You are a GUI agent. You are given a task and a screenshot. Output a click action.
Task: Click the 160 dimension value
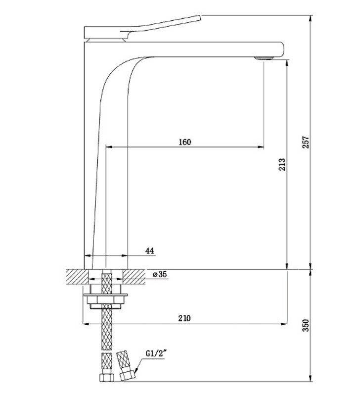[x=185, y=142]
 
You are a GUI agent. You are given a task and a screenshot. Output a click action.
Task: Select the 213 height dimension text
[x=282, y=164]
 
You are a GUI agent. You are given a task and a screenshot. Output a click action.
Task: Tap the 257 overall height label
[x=306, y=142]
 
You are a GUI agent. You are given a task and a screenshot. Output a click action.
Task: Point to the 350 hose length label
[x=306, y=325]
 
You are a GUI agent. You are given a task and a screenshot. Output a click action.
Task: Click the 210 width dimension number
[x=184, y=318]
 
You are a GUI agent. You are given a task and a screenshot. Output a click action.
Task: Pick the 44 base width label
[x=149, y=251]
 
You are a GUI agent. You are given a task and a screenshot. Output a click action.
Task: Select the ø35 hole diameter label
[x=160, y=274]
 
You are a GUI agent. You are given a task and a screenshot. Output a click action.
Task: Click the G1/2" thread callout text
[x=156, y=353]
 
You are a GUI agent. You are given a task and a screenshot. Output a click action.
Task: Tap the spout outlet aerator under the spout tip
[x=264, y=58]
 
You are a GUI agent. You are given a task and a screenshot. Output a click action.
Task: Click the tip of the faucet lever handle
[x=201, y=17]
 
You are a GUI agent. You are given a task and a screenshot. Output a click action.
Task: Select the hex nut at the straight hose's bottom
[x=106, y=378]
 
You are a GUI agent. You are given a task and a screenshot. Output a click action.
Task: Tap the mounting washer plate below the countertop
[x=106, y=295]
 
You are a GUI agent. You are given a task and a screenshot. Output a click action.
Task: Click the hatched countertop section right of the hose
[x=134, y=277]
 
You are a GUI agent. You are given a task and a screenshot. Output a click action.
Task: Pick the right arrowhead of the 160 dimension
[x=261, y=147]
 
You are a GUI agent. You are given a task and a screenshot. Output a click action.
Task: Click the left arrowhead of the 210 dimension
[x=86, y=324]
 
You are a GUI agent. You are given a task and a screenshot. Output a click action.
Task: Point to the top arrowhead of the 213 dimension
[x=287, y=63]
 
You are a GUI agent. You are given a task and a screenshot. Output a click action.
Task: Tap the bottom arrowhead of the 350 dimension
[x=311, y=378]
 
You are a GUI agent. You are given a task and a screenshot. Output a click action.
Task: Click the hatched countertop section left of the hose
[x=78, y=277]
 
